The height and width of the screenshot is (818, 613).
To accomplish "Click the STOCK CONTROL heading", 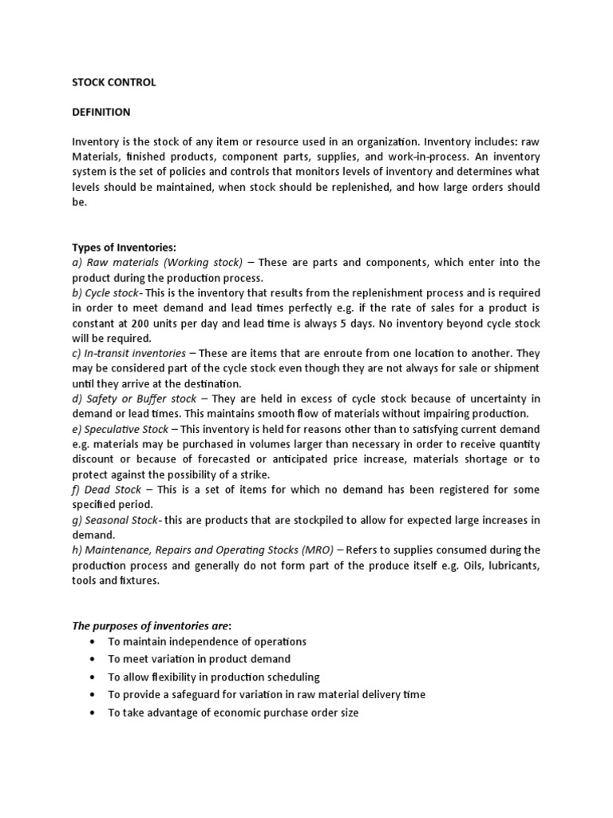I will coord(113,82).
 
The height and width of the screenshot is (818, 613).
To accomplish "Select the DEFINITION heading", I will coord(101,112).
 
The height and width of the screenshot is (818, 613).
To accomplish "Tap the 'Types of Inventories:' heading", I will coord(124,247).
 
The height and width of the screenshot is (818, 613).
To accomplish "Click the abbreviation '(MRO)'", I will coord(320,550).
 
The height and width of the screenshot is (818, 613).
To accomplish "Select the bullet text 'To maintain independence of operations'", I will coord(208,641).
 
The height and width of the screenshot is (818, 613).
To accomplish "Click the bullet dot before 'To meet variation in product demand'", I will coord(93,659).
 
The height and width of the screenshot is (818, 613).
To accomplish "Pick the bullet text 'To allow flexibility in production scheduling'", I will coord(214,677).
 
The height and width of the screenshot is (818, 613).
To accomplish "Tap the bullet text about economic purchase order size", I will coord(233,712).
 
